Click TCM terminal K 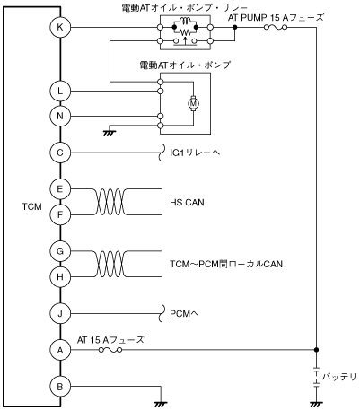[x=60, y=27]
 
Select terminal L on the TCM [x=60, y=91]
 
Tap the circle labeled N [x=60, y=116]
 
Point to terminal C [x=60, y=153]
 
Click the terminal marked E [x=60, y=189]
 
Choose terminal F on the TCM [x=60, y=214]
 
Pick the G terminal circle [x=60, y=251]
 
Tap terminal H [x=60, y=277]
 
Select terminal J [x=60, y=314]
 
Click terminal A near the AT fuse [x=60, y=350]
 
